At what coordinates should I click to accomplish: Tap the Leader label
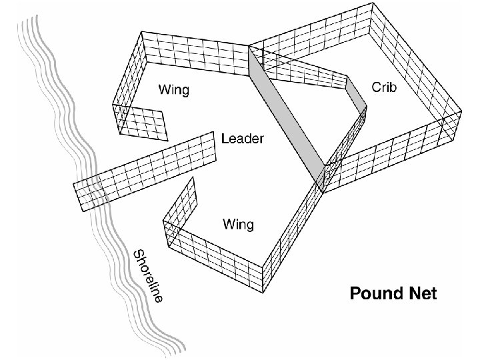click(x=243, y=139)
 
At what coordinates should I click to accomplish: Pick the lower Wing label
click(x=237, y=224)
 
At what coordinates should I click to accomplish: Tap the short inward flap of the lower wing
click(x=182, y=203)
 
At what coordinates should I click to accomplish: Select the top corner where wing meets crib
click(x=249, y=47)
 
